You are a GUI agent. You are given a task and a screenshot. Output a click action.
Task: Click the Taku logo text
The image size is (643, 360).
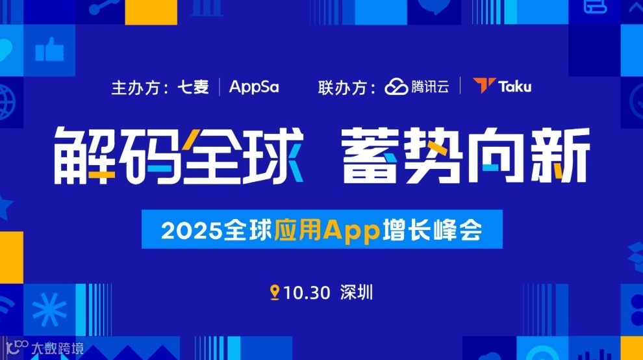(x=515, y=86)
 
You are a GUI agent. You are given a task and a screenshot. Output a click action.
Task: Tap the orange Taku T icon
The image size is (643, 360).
(x=484, y=86)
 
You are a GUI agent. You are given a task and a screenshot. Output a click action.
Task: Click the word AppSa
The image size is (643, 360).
(x=254, y=86)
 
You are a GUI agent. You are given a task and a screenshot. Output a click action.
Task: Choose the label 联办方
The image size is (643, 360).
(x=340, y=87)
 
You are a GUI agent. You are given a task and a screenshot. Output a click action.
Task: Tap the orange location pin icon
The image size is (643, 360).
(x=275, y=292)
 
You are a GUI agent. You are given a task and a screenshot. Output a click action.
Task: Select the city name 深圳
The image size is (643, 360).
(x=357, y=293)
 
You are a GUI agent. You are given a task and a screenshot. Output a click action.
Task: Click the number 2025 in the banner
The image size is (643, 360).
(x=184, y=231)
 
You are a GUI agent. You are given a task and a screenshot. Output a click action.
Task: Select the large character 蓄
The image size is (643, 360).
(x=371, y=155)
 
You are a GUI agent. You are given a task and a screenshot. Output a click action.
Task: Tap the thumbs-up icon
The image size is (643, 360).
(x=49, y=49)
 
